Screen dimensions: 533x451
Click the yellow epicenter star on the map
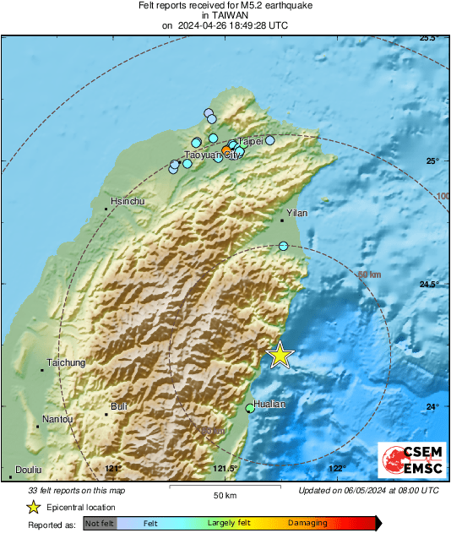pos(280,356)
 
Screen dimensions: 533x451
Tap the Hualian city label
pos(270,404)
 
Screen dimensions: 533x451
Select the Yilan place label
pos(296,214)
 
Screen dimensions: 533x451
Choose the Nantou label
pos(57,419)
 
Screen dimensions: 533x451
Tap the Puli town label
pos(119,406)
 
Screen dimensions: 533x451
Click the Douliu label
pos(29,470)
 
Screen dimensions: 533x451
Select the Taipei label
pos(251,141)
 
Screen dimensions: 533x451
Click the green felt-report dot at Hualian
pos(250,409)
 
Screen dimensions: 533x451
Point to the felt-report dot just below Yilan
pos(284,246)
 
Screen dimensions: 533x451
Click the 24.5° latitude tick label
pos(430,284)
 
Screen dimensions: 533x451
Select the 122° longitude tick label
pos(337,469)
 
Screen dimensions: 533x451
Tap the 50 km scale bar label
pos(225,494)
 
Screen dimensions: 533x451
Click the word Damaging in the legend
pos(307,524)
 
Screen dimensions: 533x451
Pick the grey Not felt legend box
pos(100,524)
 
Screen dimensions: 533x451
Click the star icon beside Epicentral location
pos(33,507)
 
